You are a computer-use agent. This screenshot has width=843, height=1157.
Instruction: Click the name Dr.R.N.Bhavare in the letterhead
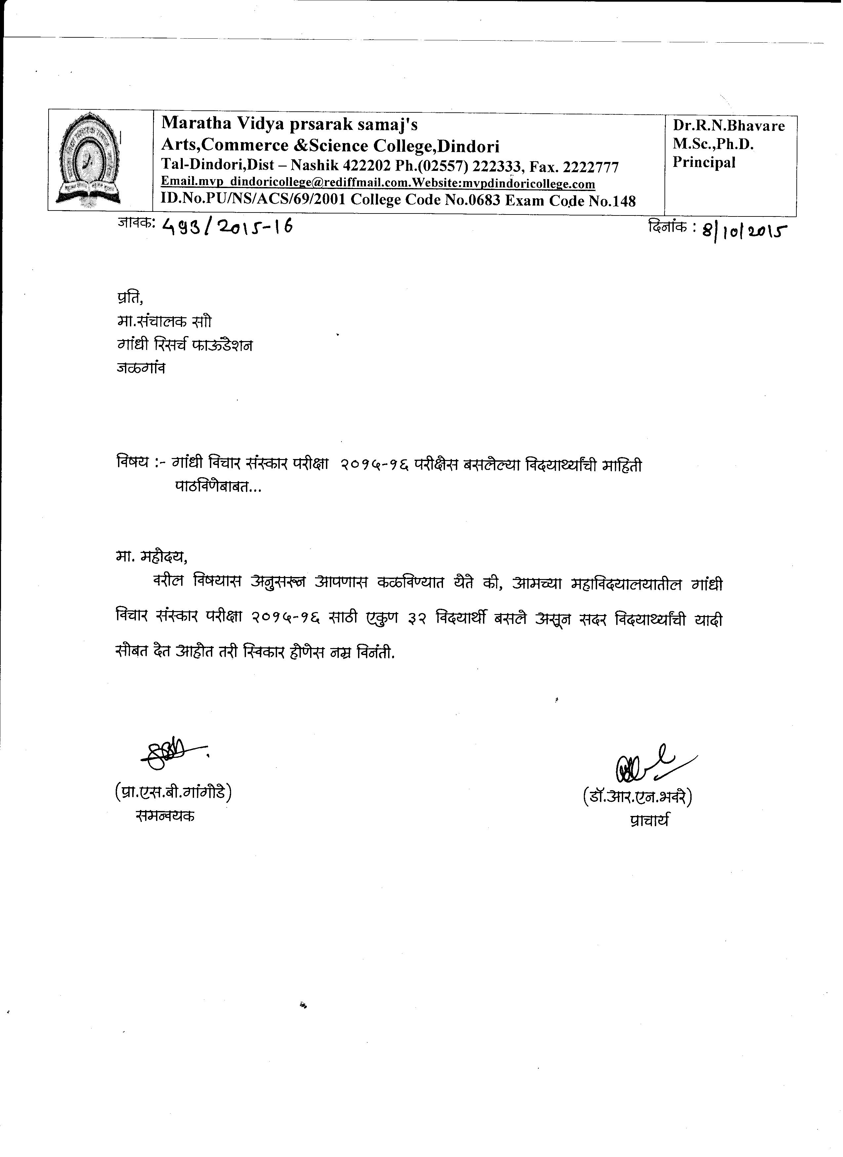pyautogui.click(x=728, y=126)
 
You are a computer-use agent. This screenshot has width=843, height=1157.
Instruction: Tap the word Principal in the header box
pyautogui.click(x=704, y=162)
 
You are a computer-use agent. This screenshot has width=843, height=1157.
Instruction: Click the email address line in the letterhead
pyautogui.click(x=378, y=183)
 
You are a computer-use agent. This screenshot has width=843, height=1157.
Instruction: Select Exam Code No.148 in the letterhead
pyautogui.click(x=571, y=201)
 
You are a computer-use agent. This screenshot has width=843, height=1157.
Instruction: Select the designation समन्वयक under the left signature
pyautogui.click(x=165, y=816)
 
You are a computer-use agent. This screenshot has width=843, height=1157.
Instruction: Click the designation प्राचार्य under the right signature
pyautogui.click(x=649, y=820)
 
